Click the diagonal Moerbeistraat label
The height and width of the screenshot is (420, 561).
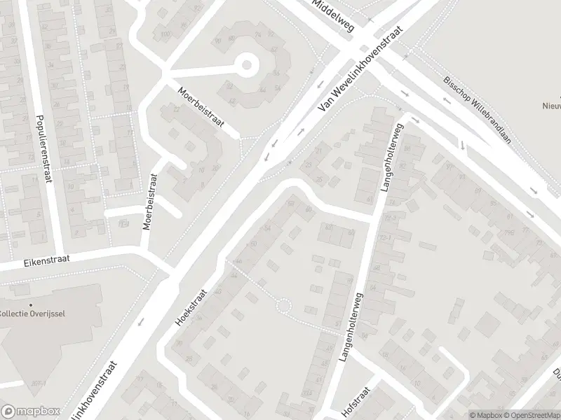pos(200,108)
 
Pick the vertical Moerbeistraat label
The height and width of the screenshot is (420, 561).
pos(149,203)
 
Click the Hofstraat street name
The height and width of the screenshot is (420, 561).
pos(358,399)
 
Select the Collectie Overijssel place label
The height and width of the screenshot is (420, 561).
pos(32,313)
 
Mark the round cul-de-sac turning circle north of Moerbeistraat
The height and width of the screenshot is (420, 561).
pos(246,66)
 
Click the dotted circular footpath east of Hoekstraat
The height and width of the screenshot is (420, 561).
pos(283,307)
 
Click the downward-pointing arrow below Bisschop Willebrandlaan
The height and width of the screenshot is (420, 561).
pos(463,145)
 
